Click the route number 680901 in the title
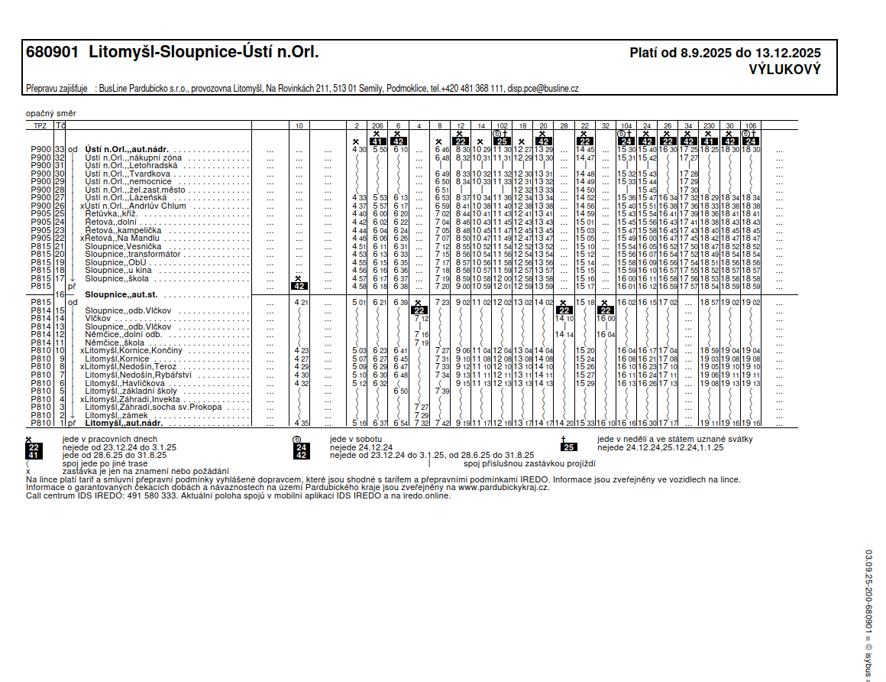[x=52, y=53]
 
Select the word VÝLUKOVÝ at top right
[x=784, y=70]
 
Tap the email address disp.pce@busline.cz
[x=543, y=89]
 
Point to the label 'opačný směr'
[x=50, y=114]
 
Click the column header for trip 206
[x=377, y=125]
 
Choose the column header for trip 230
[x=709, y=125]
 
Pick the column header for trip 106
[x=751, y=125]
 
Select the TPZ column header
[x=40, y=125]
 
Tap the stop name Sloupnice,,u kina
[x=118, y=270]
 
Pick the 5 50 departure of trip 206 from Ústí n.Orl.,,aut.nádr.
[x=380, y=150]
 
